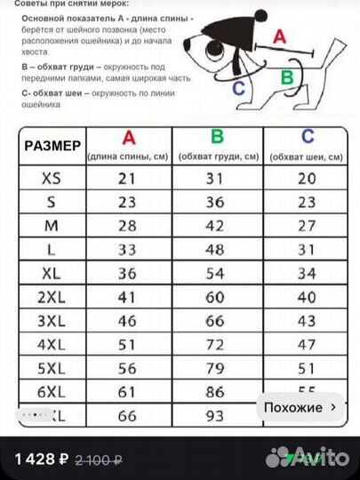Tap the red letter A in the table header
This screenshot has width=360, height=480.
pos(129,138)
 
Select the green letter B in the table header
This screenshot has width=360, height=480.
pos(218,138)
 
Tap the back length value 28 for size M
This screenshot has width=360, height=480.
pos(129,225)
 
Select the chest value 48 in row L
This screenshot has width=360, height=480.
pos(218,249)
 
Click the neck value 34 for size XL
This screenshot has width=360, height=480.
pos(308,272)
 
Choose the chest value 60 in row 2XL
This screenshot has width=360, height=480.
pos(218,296)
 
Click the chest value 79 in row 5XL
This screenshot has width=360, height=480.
pos(218,367)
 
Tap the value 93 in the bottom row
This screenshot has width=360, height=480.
pos(218,414)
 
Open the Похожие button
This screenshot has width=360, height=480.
pos(300,407)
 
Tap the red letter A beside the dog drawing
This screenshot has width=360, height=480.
pos(278,36)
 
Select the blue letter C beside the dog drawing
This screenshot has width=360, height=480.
pos(238,87)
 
